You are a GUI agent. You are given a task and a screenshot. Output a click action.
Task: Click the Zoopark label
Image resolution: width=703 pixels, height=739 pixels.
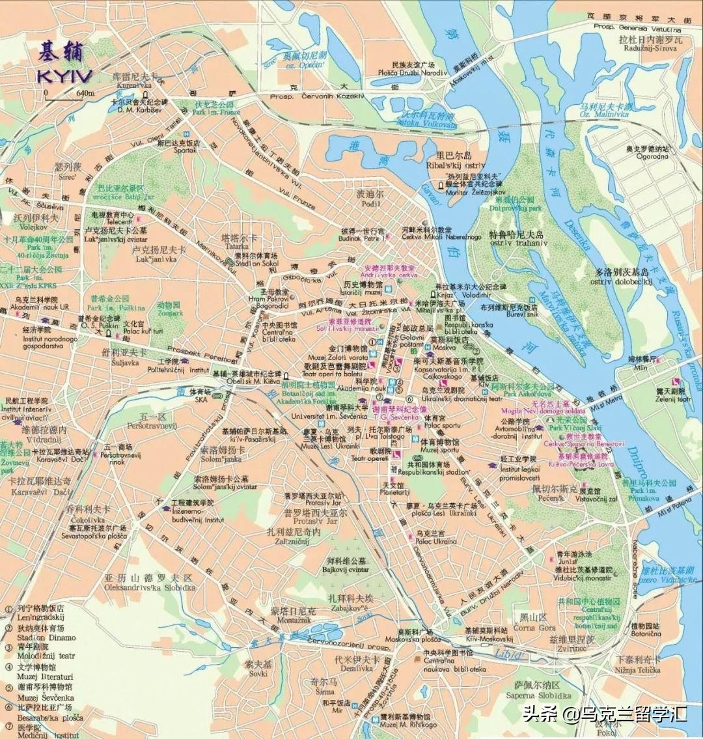(169, 313)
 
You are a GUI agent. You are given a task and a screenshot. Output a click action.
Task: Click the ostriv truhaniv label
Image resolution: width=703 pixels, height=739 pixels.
(519, 243)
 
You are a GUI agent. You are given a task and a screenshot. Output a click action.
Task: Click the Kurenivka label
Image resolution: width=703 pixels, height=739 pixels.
(135, 85)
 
